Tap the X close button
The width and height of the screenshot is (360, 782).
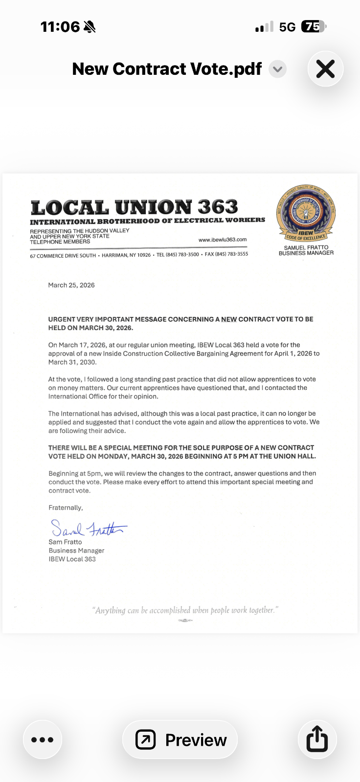[325, 69]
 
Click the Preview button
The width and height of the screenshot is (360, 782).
[180, 739]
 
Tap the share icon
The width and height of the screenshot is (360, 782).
[317, 739]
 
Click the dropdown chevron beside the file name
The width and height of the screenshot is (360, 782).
[277, 69]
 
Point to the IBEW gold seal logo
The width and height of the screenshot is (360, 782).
[306, 214]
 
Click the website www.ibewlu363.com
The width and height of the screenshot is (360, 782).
[223, 240]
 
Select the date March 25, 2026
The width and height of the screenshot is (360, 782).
[71, 285]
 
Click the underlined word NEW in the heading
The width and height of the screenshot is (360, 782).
[229, 319]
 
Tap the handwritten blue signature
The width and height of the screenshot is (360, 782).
[88, 528]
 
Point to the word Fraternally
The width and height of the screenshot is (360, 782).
[66, 508]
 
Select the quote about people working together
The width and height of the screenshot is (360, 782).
[185, 610]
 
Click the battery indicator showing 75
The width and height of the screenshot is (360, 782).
[313, 26]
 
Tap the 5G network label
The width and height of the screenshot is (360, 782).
[287, 27]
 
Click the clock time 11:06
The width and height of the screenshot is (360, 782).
[60, 26]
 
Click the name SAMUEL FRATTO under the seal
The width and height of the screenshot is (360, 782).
[306, 247]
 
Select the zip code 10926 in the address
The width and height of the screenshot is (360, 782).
[144, 255]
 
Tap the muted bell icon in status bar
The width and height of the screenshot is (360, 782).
[90, 27]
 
